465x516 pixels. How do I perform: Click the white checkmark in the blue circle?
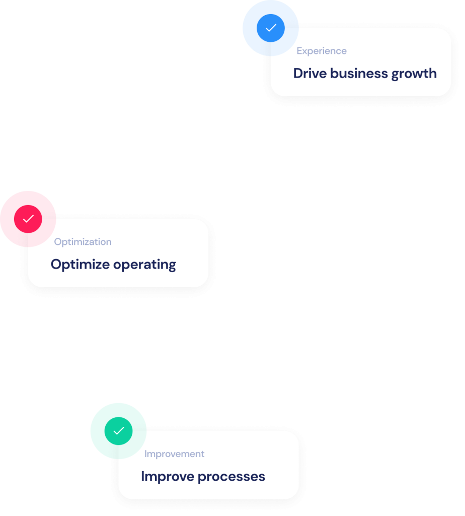tap(271, 28)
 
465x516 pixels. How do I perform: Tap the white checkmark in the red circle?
tap(28, 219)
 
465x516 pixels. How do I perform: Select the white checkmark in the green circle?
tap(119, 431)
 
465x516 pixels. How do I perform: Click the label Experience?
tap(322, 51)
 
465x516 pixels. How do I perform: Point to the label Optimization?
tap(83, 242)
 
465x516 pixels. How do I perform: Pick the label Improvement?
tap(174, 454)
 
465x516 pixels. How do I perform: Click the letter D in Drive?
tap(298, 73)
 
